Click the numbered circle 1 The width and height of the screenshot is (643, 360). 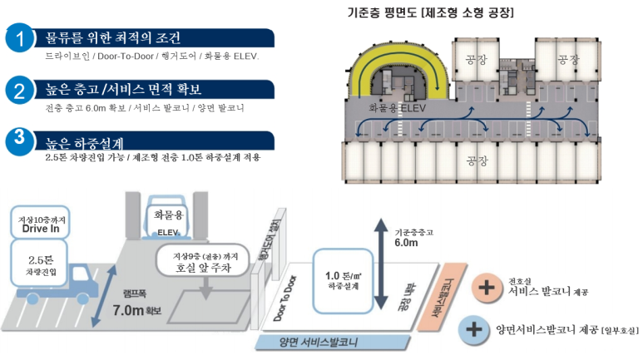coord(19,39)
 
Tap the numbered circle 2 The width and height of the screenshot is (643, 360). coord(19,91)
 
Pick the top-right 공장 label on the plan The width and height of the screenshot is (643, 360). coord(568,59)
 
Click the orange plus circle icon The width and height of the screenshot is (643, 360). coord(483,289)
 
